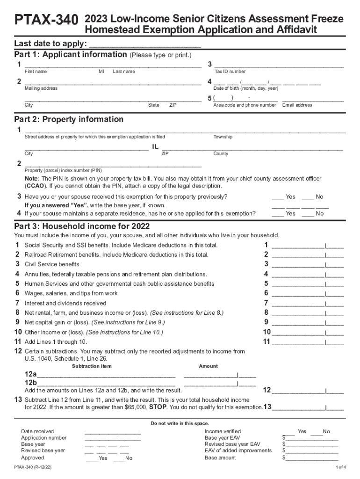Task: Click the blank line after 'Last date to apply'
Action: pos(144,45)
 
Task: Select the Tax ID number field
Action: pos(279,65)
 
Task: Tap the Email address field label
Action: pos(297,105)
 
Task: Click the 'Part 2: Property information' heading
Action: pos(69,119)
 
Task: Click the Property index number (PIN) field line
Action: pos(113,165)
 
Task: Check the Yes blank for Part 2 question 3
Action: pos(278,197)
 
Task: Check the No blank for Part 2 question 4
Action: pos(307,213)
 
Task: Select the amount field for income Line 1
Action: pos(307,246)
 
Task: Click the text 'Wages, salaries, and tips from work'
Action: pos(71,294)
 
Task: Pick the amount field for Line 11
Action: pos(307,342)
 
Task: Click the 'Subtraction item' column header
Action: pos(92,366)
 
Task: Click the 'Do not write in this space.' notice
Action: pos(180,423)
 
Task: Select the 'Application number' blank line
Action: pos(112,438)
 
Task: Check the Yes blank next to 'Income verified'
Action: pos(290,432)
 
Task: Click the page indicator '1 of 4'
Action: pos(340,467)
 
